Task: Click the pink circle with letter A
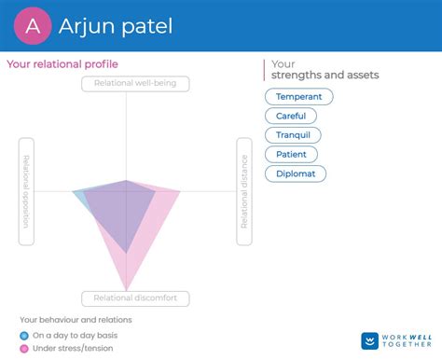[x=33, y=26]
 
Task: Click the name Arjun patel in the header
[x=117, y=26]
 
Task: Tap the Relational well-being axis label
[x=135, y=84]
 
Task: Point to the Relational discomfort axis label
[x=135, y=298]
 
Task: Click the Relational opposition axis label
[x=26, y=192]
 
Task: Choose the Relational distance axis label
[x=244, y=192]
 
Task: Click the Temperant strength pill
[x=299, y=96]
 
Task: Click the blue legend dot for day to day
[x=24, y=335]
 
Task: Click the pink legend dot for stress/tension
[x=24, y=348]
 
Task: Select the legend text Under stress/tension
[x=72, y=348]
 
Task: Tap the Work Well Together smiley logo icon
[x=370, y=341]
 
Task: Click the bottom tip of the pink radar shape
[x=126, y=288]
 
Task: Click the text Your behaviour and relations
[x=76, y=320]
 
